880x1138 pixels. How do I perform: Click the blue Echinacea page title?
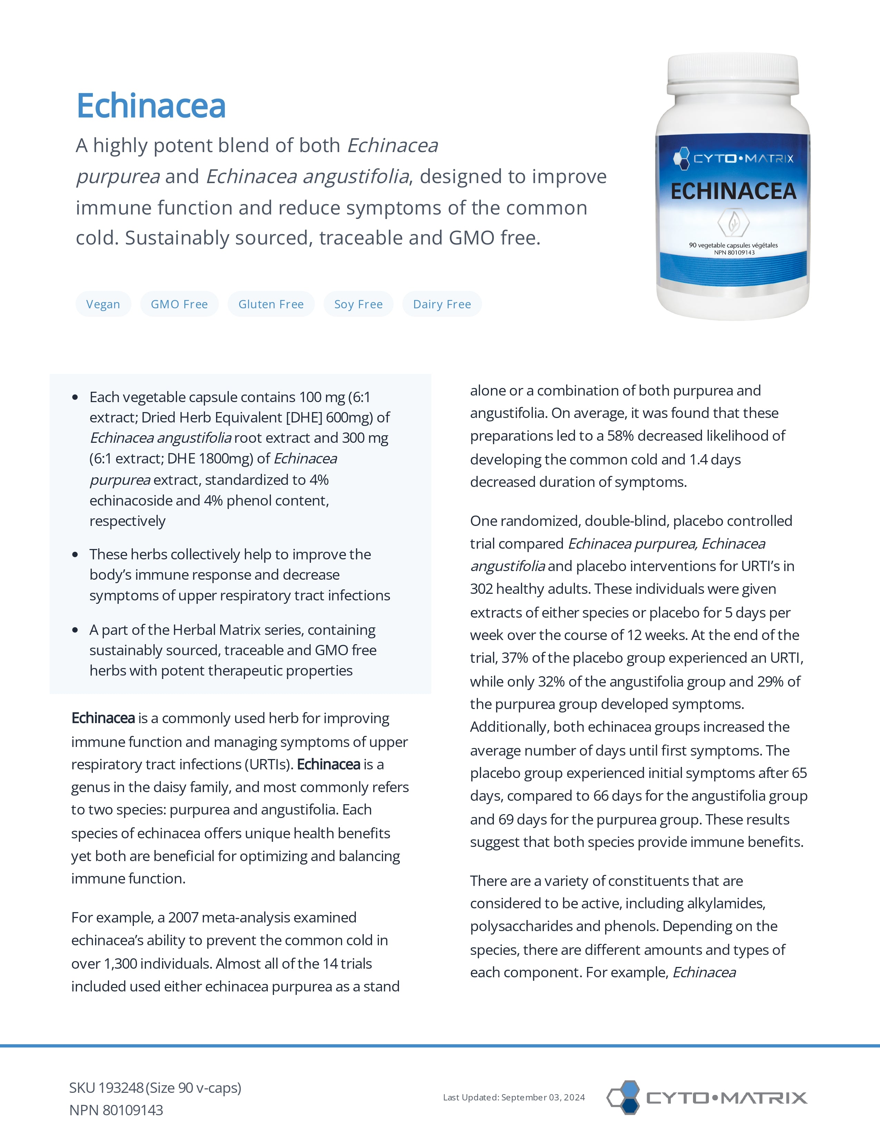pos(151,106)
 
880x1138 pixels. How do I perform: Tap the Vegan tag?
pos(103,304)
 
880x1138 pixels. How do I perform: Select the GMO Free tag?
pos(179,304)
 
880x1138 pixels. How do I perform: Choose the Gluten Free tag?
pos(271,304)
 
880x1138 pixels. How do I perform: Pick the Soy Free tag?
pos(359,304)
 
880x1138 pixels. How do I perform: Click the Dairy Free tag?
pos(442,304)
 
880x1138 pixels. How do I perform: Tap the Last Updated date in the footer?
pos(514,1097)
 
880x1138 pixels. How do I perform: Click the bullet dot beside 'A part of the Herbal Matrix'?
pos(76,630)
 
